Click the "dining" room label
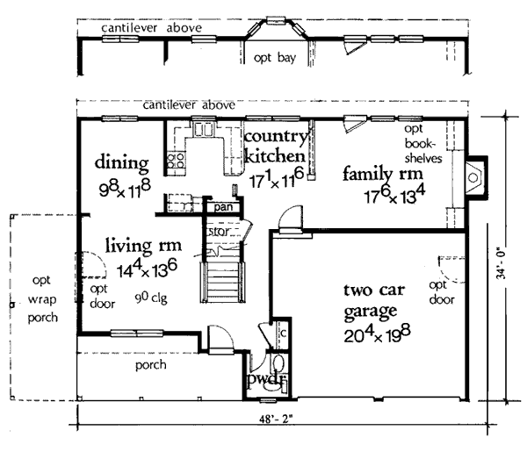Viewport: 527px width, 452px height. click(122, 163)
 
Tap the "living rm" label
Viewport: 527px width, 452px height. click(143, 245)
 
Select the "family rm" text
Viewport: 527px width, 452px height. click(383, 174)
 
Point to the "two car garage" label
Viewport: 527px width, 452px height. click(374, 300)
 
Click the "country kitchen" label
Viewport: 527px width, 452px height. click(276, 146)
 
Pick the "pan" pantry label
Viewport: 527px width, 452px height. click(223, 207)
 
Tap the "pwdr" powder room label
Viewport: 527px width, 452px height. click(267, 379)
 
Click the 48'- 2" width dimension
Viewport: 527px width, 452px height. click(277, 420)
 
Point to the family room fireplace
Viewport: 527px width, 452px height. click(474, 177)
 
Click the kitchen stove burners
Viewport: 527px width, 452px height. click(176, 161)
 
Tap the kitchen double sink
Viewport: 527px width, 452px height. click(204, 129)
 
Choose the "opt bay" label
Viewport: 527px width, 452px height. click(275, 58)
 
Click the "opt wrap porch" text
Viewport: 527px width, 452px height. click(42, 299)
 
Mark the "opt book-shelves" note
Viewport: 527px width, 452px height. click(422, 144)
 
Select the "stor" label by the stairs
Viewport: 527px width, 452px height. click(220, 231)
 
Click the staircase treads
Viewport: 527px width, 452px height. click(223, 282)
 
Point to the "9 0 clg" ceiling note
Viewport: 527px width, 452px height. click(151, 298)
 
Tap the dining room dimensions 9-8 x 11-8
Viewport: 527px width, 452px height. click(125, 189)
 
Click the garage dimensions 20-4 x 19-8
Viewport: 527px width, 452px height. click(377, 334)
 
